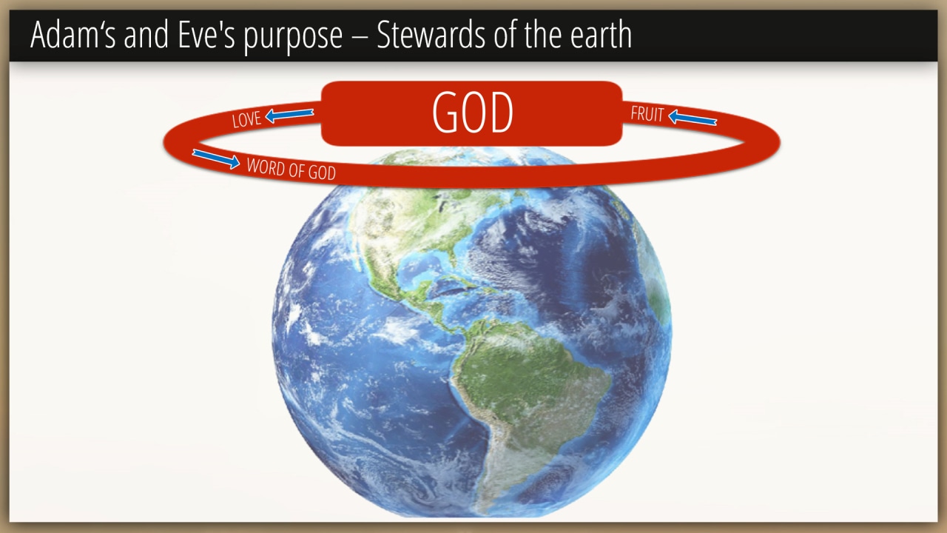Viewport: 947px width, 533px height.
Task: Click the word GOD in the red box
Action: coord(473,113)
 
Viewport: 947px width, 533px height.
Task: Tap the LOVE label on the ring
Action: coord(246,119)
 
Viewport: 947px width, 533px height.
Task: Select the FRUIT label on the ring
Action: coord(647,114)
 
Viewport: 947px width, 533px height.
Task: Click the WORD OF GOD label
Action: coord(291,170)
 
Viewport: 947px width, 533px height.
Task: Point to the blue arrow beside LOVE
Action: coord(289,115)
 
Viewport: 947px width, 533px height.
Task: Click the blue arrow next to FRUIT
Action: coord(692,118)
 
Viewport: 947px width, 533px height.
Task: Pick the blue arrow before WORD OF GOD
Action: coord(216,158)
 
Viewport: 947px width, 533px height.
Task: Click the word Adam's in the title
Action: coord(73,35)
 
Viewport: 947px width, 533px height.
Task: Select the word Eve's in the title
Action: coord(206,35)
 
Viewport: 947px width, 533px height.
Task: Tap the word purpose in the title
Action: coord(293,38)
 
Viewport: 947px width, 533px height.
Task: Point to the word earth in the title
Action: coord(601,35)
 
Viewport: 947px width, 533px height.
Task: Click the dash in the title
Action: coord(360,37)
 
